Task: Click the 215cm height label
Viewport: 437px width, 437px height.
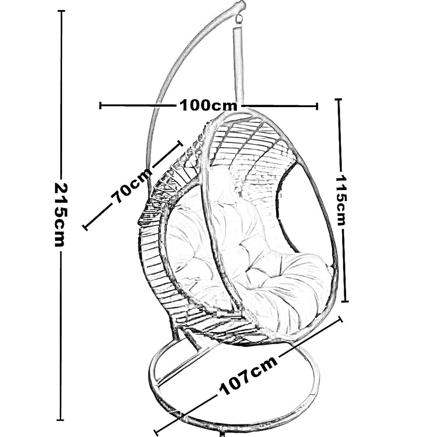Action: tap(61, 214)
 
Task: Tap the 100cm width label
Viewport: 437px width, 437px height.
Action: tap(208, 105)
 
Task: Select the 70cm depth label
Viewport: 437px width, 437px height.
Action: tap(132, 185)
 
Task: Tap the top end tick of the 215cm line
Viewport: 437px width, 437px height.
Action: tap(61, 11)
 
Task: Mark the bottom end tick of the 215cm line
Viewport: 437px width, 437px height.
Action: tap(61, 419)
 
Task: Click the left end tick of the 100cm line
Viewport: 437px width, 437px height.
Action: tap(100, 105)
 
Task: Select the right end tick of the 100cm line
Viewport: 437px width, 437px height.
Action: tap(317, 106)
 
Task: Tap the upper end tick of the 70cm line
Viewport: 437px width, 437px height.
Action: tap(180, 142)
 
